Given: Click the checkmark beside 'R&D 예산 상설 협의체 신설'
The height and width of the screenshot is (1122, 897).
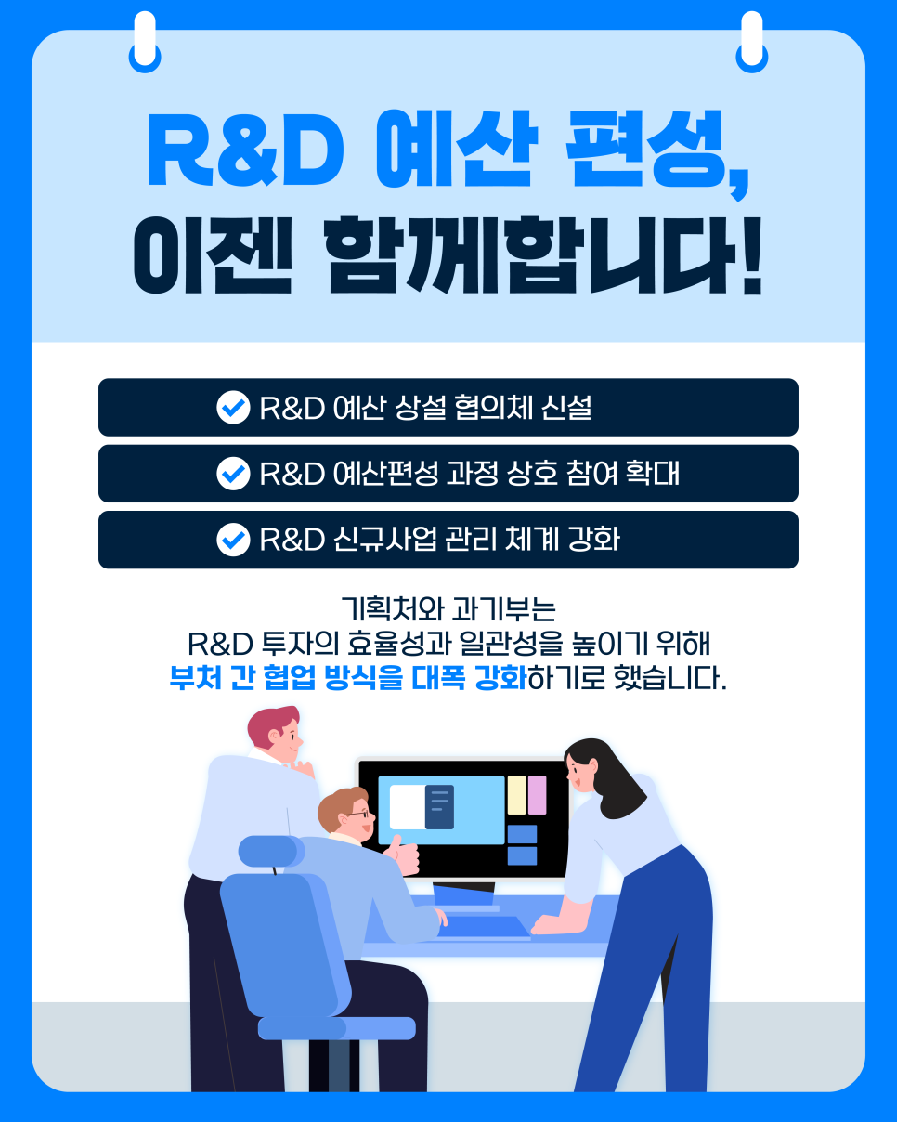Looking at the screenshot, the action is (233, 407).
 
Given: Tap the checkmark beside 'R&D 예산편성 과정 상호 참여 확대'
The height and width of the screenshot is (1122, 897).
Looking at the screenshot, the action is (233, 474).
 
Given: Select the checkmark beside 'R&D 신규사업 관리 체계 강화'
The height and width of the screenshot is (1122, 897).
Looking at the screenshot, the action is (233, 540).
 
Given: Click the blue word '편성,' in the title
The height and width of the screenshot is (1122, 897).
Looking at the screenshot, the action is (657, 152).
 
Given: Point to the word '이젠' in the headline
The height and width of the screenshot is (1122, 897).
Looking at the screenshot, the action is (212, 254).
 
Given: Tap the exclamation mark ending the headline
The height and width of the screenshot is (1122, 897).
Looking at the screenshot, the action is (751, 256).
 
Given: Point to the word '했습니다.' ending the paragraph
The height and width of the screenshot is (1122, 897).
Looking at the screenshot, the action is (670, 678).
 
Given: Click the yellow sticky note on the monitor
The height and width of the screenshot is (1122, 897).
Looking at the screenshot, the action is (516, 795).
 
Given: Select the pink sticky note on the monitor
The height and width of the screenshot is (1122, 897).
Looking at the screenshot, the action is (537, 795).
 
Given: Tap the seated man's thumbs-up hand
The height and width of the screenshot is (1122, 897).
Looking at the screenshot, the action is (403, 855).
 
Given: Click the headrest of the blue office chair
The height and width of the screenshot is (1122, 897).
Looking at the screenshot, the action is (271, 851).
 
